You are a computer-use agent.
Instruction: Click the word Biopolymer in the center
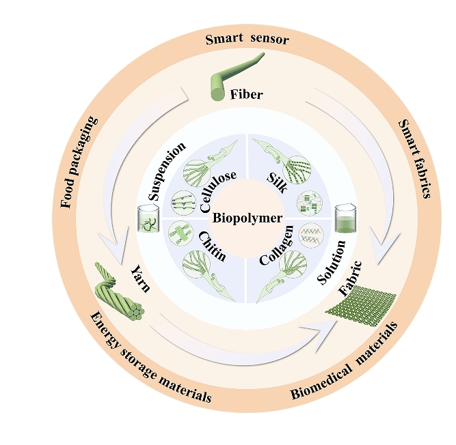[x=246, y=219]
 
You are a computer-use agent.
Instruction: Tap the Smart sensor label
[x=247, y=39]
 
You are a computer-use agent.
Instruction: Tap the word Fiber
[x=246, y=95]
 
